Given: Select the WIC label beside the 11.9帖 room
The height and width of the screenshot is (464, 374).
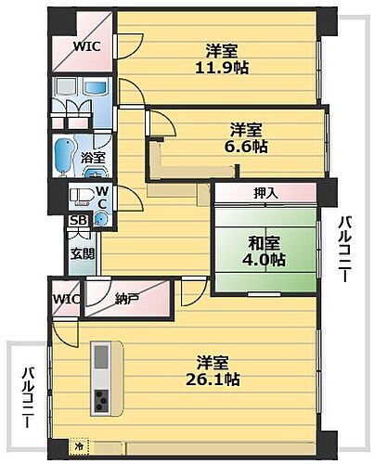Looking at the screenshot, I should pos(88,45).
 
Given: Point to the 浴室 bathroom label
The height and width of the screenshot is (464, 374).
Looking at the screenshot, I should pos(94,158).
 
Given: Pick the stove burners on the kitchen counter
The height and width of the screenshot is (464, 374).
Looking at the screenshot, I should pos(100,400).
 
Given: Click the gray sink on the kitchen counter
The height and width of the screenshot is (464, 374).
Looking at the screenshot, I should pos(100,357).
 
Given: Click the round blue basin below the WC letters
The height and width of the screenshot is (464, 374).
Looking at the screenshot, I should pos(101,220).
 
